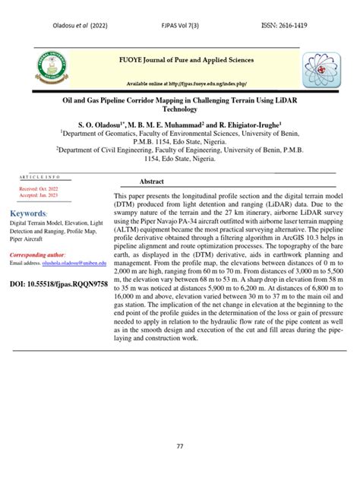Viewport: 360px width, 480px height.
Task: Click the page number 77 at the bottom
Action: click(180, 446)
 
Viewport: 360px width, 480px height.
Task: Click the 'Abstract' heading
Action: click(152, 182)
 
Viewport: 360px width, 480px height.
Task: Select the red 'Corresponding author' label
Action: click(37, 255)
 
